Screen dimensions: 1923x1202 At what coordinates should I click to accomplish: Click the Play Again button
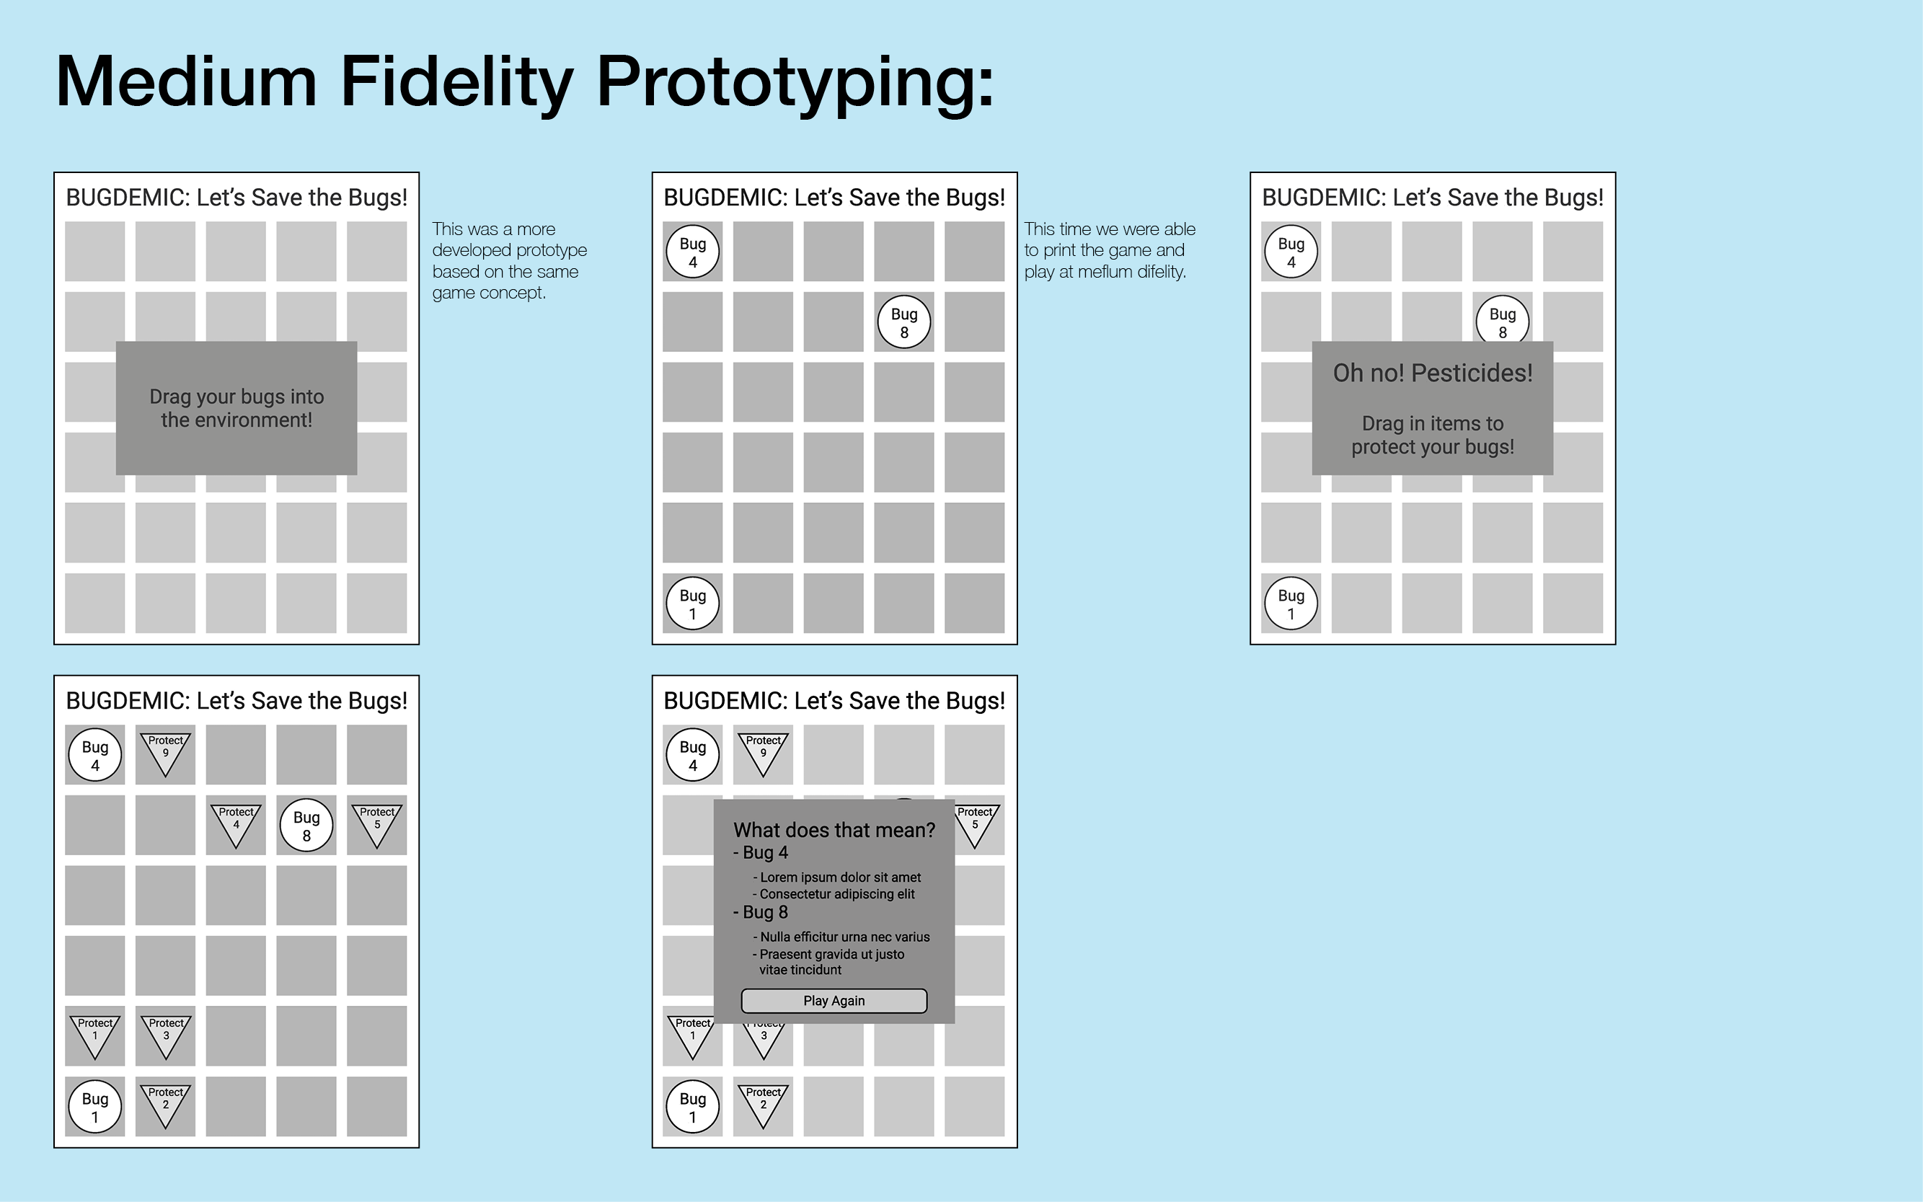tap(834, 1001)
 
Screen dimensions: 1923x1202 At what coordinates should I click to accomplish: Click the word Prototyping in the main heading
tap(796, 83)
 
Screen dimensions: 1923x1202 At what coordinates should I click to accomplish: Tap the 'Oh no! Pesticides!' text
tap(1433, 373)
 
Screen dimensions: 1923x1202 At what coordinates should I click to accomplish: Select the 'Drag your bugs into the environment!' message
tap(237, 408)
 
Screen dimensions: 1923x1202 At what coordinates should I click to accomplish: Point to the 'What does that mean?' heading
tap(834, 830)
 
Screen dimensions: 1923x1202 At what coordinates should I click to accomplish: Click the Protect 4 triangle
tap(236, 823)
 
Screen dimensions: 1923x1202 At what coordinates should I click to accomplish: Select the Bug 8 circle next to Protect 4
tap(306, 825)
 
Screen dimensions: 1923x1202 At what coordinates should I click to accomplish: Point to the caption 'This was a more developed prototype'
tap(510, 239)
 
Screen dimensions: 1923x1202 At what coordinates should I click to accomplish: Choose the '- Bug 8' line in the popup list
tap(761, 913)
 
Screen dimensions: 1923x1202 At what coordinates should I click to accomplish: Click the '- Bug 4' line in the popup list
tap(761, 853)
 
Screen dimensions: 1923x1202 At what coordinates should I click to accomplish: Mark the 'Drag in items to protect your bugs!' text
tap(1433, 435)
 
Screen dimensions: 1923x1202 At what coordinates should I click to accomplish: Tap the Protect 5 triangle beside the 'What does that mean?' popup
tap(976, 823)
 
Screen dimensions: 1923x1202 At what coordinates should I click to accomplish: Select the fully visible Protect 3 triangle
tap(165, 1034)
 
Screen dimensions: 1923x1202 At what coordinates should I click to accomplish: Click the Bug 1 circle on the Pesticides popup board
tap(1291, 604)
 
